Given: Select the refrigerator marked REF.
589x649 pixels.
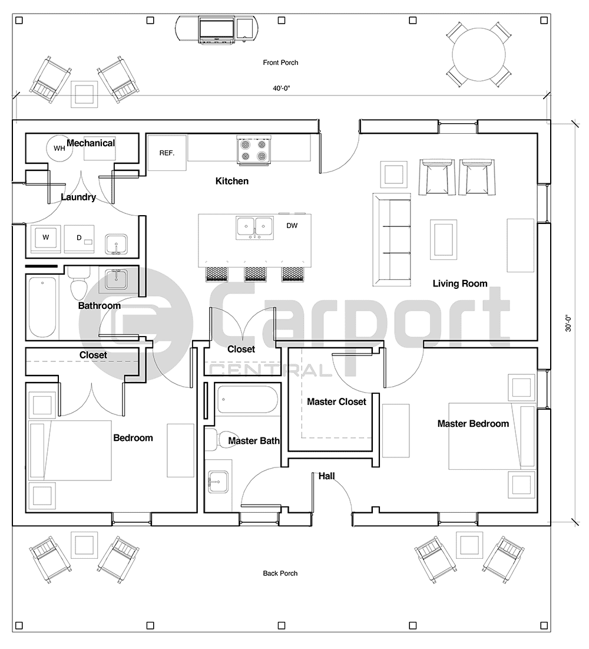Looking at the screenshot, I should point(167,153).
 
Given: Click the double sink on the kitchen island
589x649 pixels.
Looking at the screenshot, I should point(254,226).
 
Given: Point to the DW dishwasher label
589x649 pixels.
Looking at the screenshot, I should point(292,225).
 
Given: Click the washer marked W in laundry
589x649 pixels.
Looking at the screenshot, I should point(45,238).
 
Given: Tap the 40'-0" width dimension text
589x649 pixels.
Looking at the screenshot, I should point(281,88).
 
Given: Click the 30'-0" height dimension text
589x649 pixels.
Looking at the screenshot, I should point(568,324).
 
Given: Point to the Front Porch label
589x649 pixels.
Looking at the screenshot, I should point(280,62).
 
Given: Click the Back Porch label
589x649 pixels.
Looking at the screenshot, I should point(280,573).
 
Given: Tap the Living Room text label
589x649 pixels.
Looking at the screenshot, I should point(460,284).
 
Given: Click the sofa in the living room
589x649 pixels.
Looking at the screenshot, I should point(393,239).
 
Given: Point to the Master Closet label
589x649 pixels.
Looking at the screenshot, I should point(336,401).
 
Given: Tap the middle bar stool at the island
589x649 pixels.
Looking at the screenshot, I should point(254,272).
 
